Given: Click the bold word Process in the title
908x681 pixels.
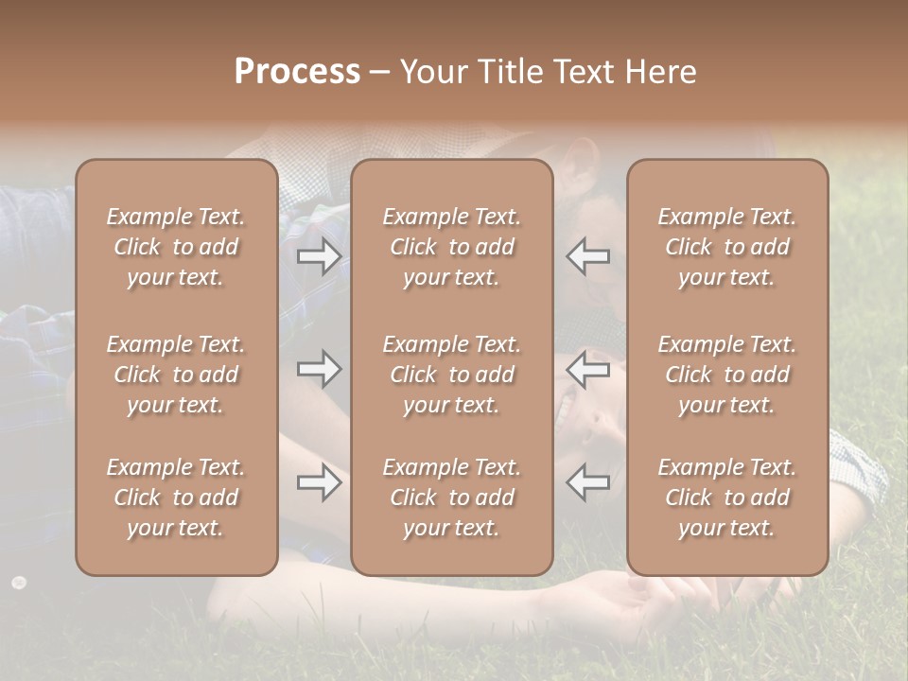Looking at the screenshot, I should (x=297, y=72).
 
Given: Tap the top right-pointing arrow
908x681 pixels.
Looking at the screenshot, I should (x=319, y=256).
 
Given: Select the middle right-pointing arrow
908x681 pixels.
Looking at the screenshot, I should (x=319, y=368).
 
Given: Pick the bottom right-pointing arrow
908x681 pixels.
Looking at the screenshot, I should (x=319, y=483).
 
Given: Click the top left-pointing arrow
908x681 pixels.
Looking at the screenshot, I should (x=588, y=256).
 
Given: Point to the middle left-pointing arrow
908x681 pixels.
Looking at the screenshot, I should (x=588, y=368).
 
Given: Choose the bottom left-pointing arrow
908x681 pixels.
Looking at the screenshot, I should (x=588, y=481).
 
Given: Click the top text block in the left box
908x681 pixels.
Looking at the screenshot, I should (x=176, y=247).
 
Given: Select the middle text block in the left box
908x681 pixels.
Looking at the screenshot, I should (x=176, y=375).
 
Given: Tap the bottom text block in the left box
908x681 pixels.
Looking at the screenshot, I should (x=176, y=498).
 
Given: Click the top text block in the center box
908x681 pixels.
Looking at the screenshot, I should (x=452, y=247).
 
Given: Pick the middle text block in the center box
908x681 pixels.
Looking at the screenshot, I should (x=452, y=375).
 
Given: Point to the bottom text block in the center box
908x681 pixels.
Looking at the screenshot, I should (x=452, y=498).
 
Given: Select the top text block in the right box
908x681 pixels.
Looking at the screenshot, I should (x=727, y=247).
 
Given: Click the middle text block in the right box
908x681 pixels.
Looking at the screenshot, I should (x=727, y=375).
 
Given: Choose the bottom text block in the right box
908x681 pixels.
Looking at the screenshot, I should (x=727, y=498).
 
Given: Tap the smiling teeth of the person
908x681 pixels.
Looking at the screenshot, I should (x=566, y=409).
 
